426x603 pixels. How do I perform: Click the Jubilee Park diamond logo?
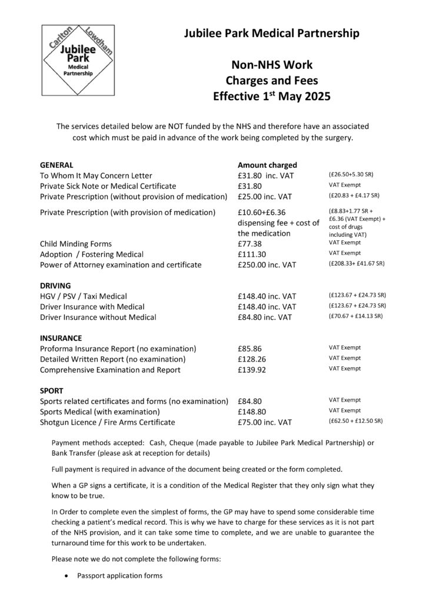78,60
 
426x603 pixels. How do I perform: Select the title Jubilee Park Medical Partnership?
271,35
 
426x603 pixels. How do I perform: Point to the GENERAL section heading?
56,165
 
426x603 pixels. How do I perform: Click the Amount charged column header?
267,165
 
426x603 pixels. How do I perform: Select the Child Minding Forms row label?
75,243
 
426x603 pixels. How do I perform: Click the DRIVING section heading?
55,285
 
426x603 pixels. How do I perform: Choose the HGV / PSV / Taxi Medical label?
83,296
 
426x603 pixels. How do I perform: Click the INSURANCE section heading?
61,338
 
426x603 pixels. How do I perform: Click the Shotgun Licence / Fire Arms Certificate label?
107,422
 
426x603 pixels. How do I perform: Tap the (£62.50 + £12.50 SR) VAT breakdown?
355,422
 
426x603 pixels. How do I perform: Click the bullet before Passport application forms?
68,575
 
